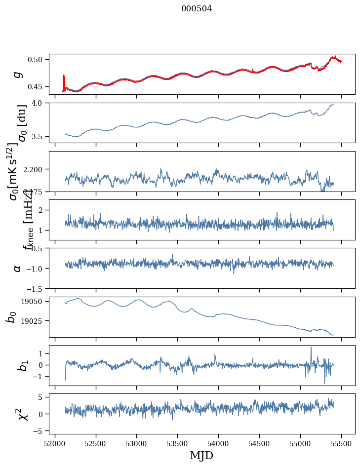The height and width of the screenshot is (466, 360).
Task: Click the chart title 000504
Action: (x=197, y=8)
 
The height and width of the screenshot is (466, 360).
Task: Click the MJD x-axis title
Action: (x=201, y=456)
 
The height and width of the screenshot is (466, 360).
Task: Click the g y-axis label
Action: (x=18, y=74)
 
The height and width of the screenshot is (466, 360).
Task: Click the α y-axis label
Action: (x=18, y=268)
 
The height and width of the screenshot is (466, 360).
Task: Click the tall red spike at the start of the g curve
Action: (x=64, y=79)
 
